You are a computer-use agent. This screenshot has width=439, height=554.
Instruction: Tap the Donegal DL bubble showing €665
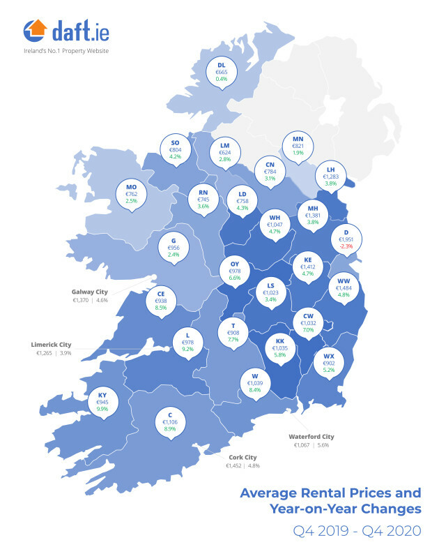pyautogui.click(x=221, y=72)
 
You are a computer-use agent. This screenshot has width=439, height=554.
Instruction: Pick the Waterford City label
pyautogui.click(x=312, y=437)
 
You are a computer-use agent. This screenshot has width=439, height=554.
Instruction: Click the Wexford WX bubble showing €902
pyautogui.click(x=329, y=363)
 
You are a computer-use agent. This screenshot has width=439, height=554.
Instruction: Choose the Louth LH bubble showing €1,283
pyautogui.click(x=330, y=177)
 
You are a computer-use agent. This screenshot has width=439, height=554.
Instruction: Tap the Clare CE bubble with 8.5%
pyautogui.click(x=161, y=300)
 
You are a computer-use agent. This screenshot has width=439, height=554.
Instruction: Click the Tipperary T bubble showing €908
pyautogui.click(x=233, y=333)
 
